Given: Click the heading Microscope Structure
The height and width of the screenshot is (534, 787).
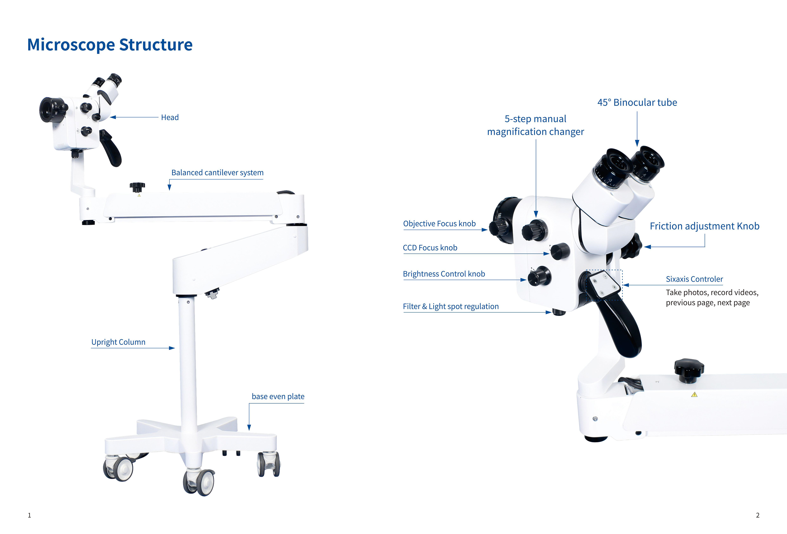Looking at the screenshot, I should click(x=110, y=45).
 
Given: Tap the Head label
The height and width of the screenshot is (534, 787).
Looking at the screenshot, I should click(x=170, y=117).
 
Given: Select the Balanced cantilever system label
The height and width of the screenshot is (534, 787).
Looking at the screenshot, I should click(x=217, y=173).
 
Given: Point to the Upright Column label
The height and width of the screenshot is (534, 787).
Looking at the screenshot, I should click(x=118, y=342).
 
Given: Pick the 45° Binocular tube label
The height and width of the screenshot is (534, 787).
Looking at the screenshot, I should click(x=637, y=103).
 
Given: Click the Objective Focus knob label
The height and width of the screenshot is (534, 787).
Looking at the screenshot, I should click(x=439, y=224).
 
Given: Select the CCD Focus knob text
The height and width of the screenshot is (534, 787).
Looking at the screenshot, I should click(x=430, y=248).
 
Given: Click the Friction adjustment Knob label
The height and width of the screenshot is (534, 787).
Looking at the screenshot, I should click(x=704, y=226).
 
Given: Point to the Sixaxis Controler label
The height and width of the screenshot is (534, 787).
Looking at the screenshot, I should click(x=694, y=279).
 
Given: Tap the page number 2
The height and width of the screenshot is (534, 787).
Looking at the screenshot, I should click(x=758, y=515).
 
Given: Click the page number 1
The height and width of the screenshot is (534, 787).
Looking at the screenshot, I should click(x=29, y=515).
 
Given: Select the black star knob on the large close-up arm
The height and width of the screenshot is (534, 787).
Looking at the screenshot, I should click(x=689, y=370).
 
